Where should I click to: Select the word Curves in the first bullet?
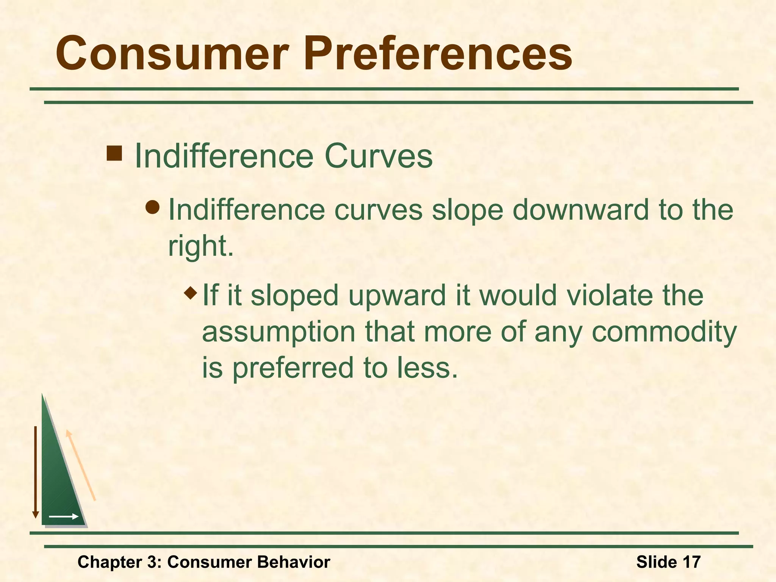point(378,156)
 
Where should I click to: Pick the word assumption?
point(278,332)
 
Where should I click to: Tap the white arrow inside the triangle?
point(63,516)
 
